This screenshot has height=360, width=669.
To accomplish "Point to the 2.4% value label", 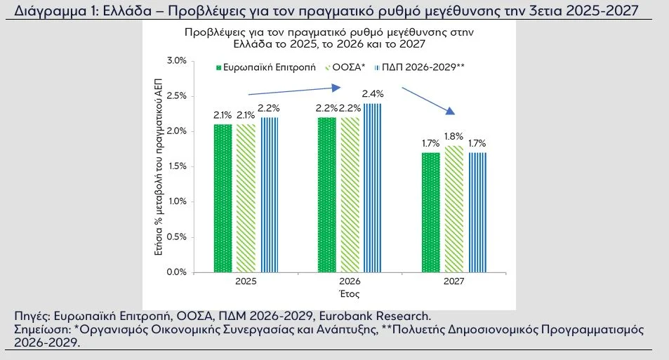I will pos(372,94).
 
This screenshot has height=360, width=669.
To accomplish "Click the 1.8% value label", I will pos(453,136).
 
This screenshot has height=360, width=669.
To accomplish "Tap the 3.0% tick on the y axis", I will pos(175,61).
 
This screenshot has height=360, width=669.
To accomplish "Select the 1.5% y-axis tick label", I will pos(175,166).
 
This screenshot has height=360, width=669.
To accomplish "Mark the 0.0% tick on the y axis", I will pos(175,272).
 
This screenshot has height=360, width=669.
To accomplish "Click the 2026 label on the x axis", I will pos(350,281).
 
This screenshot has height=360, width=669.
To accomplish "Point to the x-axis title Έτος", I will pos(349,293).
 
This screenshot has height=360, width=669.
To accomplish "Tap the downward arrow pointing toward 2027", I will pos(428,101).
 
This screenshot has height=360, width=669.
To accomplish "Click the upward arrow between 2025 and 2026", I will pos(295,90).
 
